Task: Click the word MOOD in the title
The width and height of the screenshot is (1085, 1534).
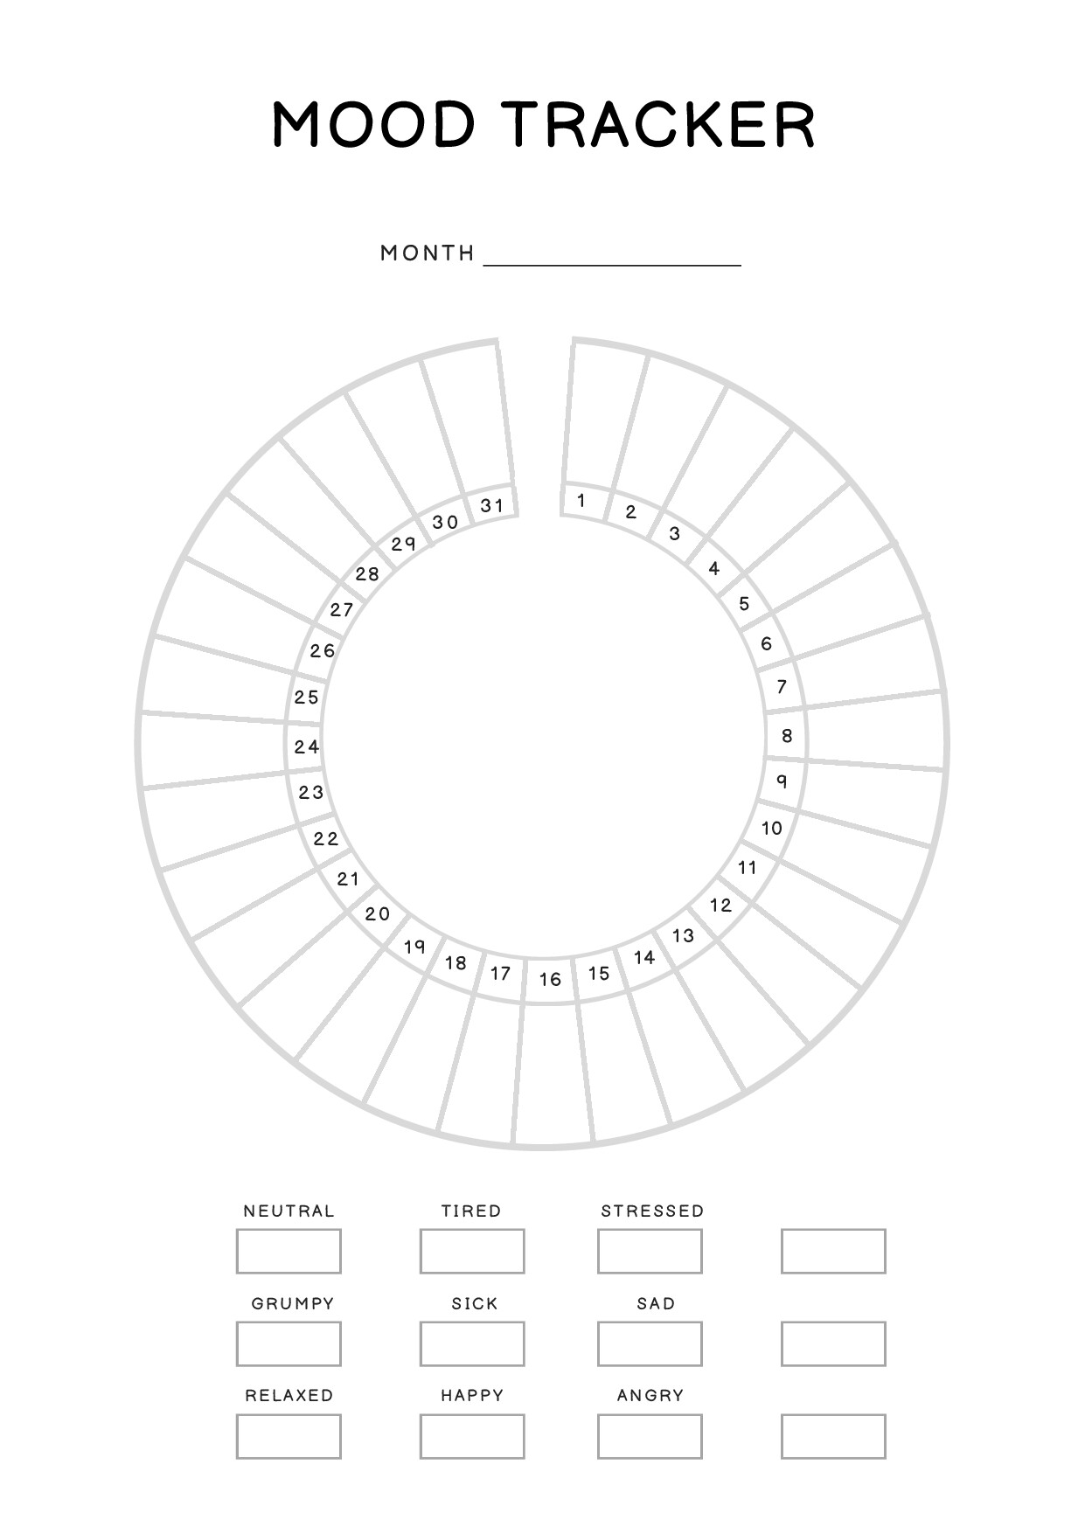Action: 373,123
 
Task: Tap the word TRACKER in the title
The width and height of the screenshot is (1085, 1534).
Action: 663,123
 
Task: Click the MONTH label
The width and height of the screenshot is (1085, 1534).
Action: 428,253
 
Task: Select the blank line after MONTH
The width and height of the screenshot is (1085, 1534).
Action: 612,264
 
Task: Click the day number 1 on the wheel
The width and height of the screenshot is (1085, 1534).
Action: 581,501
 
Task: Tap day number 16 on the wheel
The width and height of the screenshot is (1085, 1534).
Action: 550,979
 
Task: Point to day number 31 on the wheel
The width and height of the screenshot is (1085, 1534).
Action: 492,505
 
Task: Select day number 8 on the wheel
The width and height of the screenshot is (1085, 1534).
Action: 787,736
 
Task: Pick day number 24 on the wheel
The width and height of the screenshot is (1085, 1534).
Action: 307,746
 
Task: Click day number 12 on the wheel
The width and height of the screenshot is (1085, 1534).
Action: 720,905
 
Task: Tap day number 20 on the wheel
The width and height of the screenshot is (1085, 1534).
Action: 378,914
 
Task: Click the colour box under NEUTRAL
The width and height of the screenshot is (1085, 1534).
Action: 289,1251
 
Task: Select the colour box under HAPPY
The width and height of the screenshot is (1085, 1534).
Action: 472,1436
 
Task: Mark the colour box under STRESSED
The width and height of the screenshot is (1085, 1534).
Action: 650,1251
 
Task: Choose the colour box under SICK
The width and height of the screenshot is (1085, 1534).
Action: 472,1343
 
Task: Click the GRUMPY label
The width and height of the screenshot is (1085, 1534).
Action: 293,1303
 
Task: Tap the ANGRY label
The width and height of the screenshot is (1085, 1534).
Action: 650,1395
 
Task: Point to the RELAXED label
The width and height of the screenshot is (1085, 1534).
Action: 289,1395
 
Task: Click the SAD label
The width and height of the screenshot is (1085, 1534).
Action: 656,1303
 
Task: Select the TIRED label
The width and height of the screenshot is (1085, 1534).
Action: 471,1211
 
